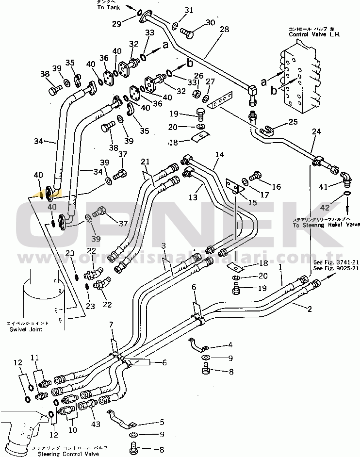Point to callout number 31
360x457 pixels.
189,10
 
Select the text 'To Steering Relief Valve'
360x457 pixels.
326,225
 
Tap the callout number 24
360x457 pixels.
316,131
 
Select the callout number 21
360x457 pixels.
145,161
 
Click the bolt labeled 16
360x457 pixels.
256,178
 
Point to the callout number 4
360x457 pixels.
229,345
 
